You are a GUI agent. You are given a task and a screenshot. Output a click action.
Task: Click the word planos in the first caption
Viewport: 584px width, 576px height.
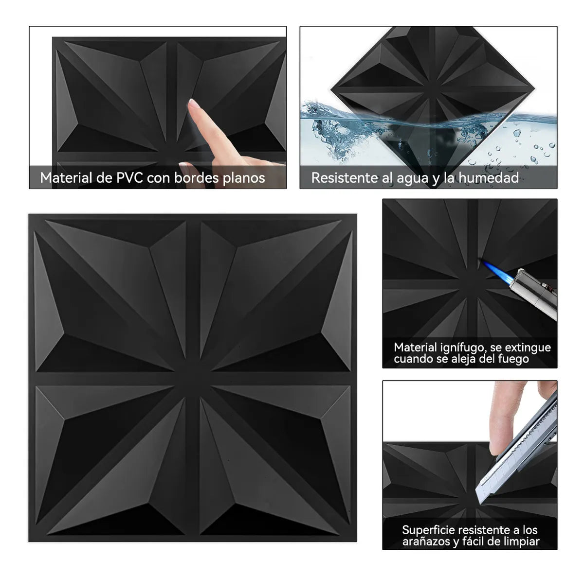[x=244, y=178]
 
